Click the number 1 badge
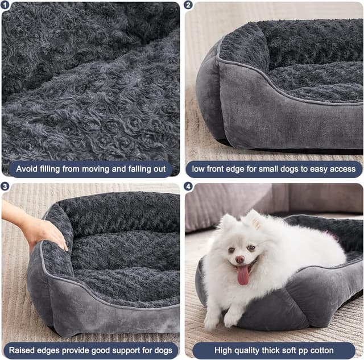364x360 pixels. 5,5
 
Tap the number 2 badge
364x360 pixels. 188,5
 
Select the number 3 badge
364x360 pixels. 5,186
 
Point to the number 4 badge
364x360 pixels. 188,186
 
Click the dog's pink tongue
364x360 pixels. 243,275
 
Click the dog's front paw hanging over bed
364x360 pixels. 231,320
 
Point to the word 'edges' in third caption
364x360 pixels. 52,350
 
